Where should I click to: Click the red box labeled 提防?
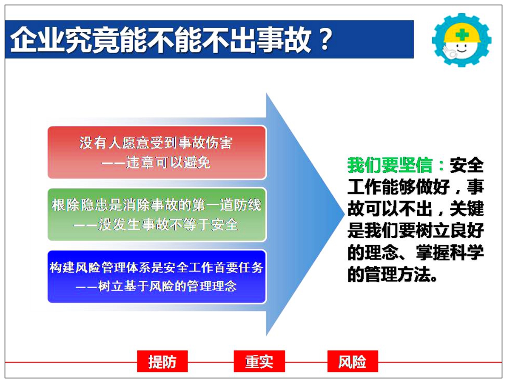click(x=162, y=361)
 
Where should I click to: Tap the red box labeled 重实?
click(x=259, y=361)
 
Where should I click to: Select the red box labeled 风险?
click(x=353, y=361)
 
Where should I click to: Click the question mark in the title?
click(x=324, y=40)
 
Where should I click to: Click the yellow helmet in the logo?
click(x=463, y=34)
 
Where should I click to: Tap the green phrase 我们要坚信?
click(x=390, y=165)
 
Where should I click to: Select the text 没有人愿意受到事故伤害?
click(x=156, y=143)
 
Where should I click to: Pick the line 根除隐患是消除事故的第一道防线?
click(x=157, y=205)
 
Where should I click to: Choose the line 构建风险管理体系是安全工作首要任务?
click(x=157, y=268)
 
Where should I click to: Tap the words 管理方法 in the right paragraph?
click(x=399, y=275)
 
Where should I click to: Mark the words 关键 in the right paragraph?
click(x=467, y=209)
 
